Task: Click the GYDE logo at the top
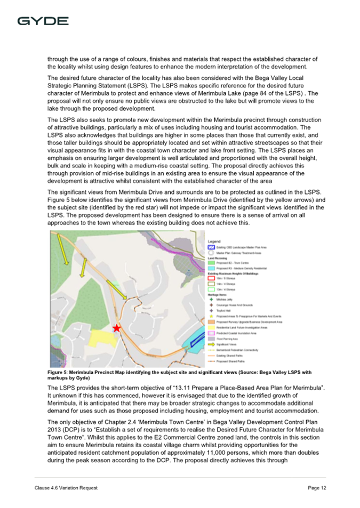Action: click(43, 21)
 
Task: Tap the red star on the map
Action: click(116, 328)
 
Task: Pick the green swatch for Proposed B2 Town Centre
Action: click(210, 263)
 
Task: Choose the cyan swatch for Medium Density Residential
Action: click(210, 268)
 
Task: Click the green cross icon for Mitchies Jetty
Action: click(210, 300)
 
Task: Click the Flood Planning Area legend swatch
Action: click(210, 338)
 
